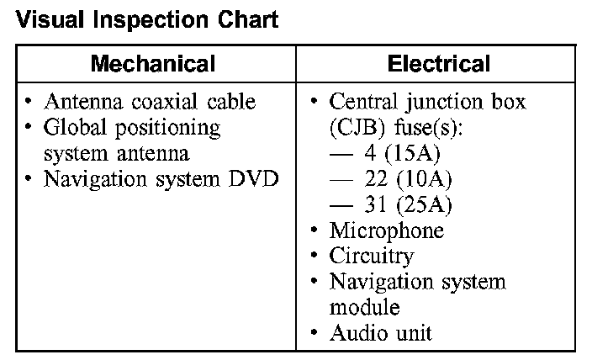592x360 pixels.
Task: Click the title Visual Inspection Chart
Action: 147,19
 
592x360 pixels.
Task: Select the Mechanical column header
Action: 153,64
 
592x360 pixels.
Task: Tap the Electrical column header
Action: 438,64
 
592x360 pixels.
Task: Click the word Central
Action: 362,103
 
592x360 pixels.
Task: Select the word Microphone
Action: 386,230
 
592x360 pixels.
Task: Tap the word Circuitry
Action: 372,256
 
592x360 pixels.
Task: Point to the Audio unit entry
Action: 380,332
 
